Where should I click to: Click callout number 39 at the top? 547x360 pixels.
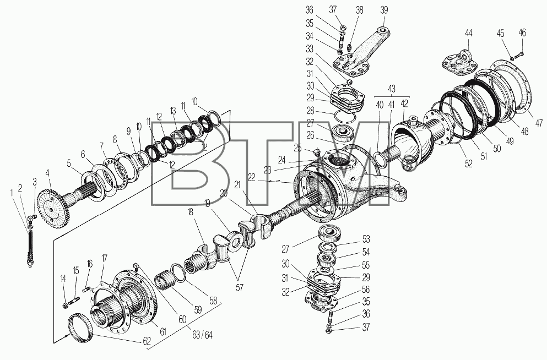[x=383, y=10]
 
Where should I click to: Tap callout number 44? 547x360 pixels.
[x=469, y=33]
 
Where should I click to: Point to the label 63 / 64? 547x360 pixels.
[x=202, y=335]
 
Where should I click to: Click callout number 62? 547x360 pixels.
[x=147, y=341]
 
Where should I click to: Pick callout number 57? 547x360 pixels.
[x=239, y=287]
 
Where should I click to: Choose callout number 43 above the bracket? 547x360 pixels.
[x=392, y=89]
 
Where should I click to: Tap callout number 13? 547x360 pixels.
[x=172, y=111]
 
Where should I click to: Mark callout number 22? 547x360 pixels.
[x=251, y=177]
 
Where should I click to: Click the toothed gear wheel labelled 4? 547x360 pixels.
[x=53, y=209]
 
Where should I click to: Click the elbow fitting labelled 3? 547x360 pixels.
[x=32, y=219]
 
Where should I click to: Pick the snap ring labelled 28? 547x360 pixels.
[x=346, y=116]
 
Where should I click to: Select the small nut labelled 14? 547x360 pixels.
[x=65, y=306]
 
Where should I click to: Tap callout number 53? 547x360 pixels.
[x=366, y=239]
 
